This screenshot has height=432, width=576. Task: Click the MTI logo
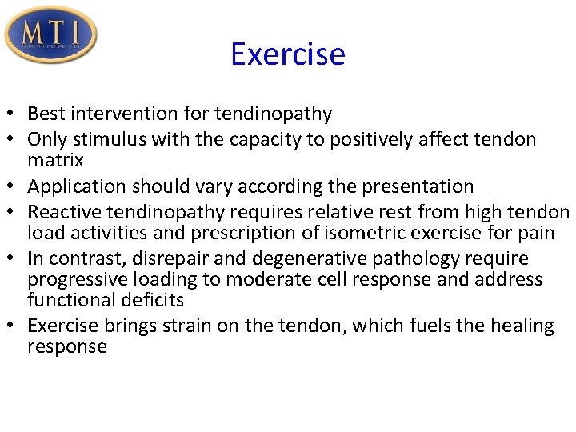(x=50, y=34)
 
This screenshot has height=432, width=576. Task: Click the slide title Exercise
(x=287, y=54)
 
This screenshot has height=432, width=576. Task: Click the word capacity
(x=263, y=139)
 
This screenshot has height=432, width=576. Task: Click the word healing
(x=523, y=326)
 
